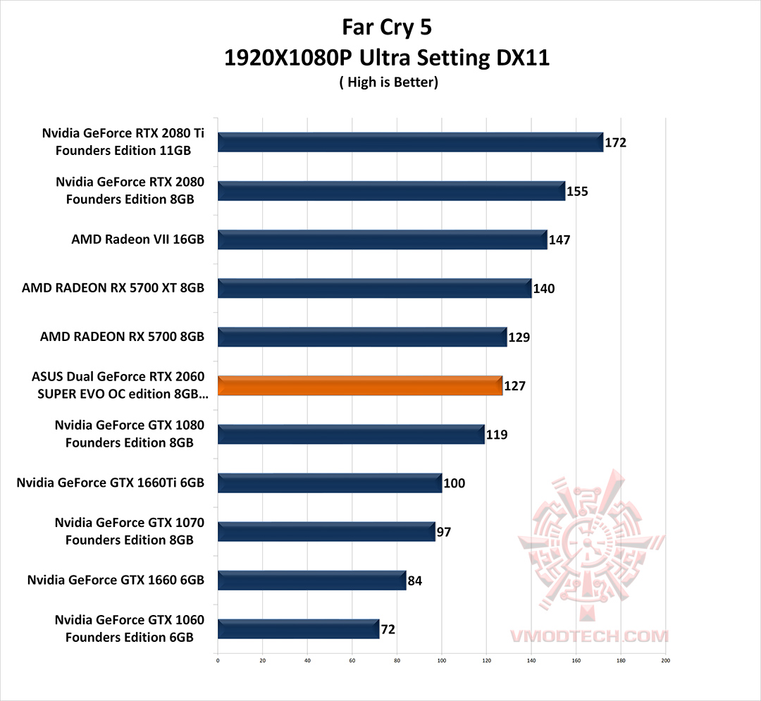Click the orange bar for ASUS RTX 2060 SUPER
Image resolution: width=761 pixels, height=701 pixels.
tap(360, 386)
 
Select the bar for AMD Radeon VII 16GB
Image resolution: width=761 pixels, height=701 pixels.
tap(382, 240)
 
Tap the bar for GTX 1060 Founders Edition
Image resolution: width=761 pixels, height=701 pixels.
tap(298, 628)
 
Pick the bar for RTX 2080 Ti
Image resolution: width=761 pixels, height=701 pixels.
tap(410, 142)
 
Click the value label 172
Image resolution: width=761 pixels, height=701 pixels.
tap(615, 143)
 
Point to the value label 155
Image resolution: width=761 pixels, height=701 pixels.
tap(577, 192)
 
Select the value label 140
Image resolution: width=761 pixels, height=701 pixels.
tap(543, 289)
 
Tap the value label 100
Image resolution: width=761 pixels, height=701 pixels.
tap(454, 483)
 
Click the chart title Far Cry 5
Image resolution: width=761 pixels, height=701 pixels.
tap(386, 27)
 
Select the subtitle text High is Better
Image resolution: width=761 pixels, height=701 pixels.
tap(388, 82)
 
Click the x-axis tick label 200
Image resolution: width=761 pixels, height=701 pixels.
tap(665, 660)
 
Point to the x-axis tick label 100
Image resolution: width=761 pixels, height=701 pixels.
tap(442, 660)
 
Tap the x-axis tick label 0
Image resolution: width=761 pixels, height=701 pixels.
tap(218, 660)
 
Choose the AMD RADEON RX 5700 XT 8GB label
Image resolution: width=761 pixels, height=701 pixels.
tap(113, 288)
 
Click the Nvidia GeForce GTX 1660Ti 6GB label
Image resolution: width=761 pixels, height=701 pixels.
tap(110, 483)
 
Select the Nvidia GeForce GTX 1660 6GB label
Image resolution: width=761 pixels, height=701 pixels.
tap(116, 581)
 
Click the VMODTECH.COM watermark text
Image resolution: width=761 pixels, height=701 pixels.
tap(589, 636)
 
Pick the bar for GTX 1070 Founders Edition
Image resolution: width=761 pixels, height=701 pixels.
tap(326, 532)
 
